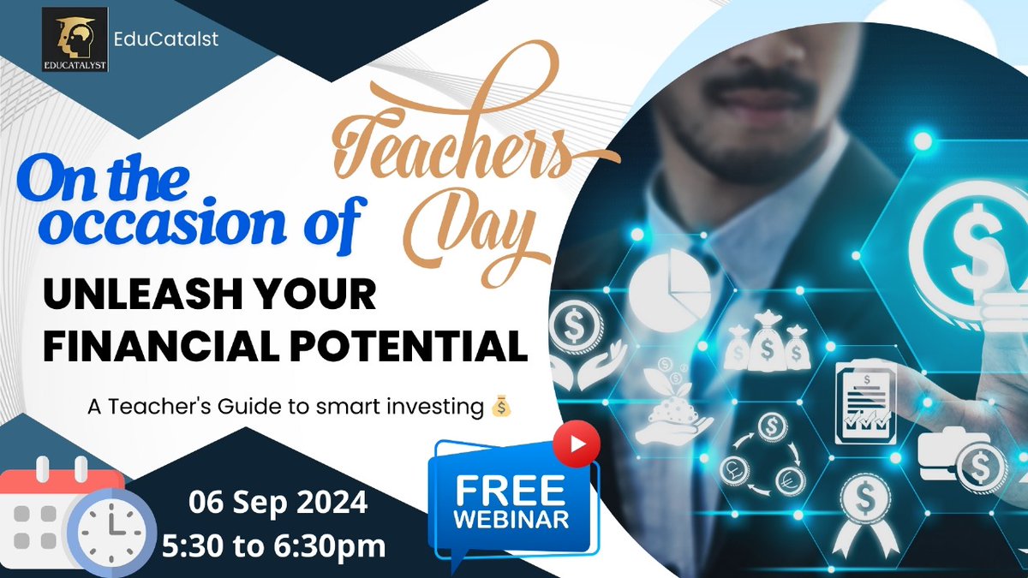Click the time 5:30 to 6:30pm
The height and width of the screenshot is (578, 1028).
click(x=278, y=545)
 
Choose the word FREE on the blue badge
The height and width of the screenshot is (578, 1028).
click(x=511, y=490)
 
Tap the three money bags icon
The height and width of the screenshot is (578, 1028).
click(x=767, y=343)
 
